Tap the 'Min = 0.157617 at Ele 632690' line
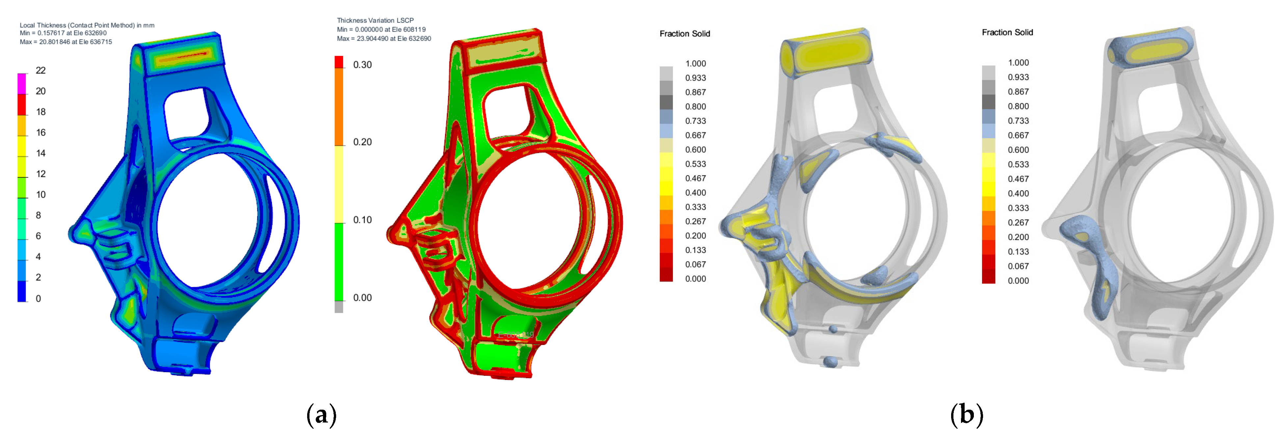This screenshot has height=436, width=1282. click(63, 33)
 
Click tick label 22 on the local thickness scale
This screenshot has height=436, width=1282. click(41, 70)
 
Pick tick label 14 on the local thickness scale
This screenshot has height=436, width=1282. click(41, 153)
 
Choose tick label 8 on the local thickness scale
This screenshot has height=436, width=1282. click(38, 215)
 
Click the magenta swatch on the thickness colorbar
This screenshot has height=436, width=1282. click(22, 84)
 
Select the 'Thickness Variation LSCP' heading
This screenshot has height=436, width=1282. click(375, 20)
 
